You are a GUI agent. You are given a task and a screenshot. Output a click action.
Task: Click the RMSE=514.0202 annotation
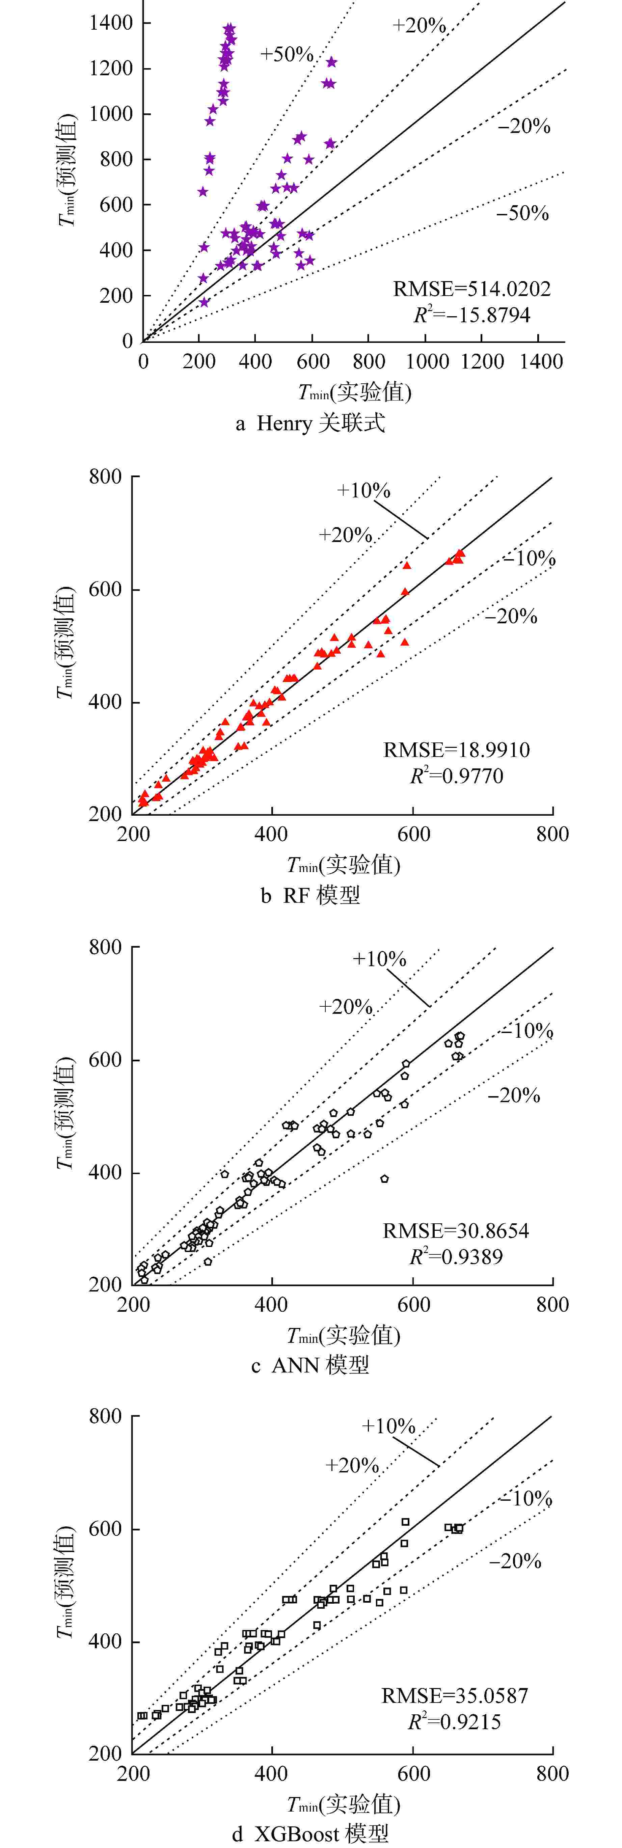471,289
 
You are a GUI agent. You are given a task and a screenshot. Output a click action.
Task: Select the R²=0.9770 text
456,776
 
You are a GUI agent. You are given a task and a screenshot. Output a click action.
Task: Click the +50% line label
286,55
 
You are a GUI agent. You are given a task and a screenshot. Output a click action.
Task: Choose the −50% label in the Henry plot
522,213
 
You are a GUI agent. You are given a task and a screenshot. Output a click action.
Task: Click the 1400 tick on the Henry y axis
111,23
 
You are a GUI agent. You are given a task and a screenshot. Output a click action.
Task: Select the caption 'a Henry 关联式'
310,423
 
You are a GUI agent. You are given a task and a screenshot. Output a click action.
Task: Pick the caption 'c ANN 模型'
310,1364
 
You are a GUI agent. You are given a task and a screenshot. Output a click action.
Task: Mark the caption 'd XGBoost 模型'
310,1833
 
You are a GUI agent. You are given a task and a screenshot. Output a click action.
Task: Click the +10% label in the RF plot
364,491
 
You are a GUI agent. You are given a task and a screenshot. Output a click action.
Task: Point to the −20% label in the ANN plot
514,1095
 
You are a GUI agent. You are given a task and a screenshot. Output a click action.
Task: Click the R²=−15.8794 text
471,315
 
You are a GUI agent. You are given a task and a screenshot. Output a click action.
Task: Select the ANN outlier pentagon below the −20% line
384,1179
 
